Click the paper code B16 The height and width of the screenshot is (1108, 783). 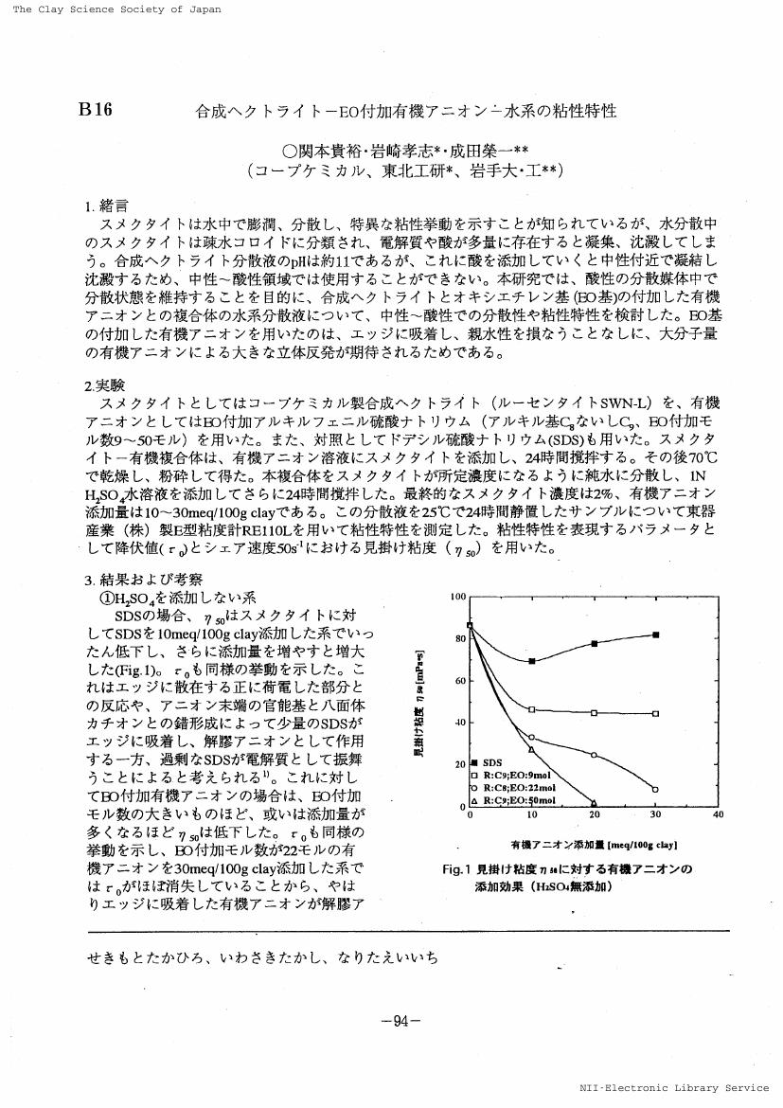[95, 110]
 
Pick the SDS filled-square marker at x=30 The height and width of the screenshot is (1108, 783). [656, 634]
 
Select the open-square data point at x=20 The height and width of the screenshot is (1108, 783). [594, 712]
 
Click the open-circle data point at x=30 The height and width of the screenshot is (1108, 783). [656, 789]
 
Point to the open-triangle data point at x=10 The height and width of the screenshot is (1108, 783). [532, 749]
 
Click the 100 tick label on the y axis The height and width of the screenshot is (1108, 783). [457, 598]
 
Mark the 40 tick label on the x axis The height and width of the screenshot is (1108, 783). [718, 813]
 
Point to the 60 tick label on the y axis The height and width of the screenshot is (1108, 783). [459, 681]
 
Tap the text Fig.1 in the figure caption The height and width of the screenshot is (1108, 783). [457, 868]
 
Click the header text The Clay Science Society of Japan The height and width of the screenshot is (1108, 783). [117, 9]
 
